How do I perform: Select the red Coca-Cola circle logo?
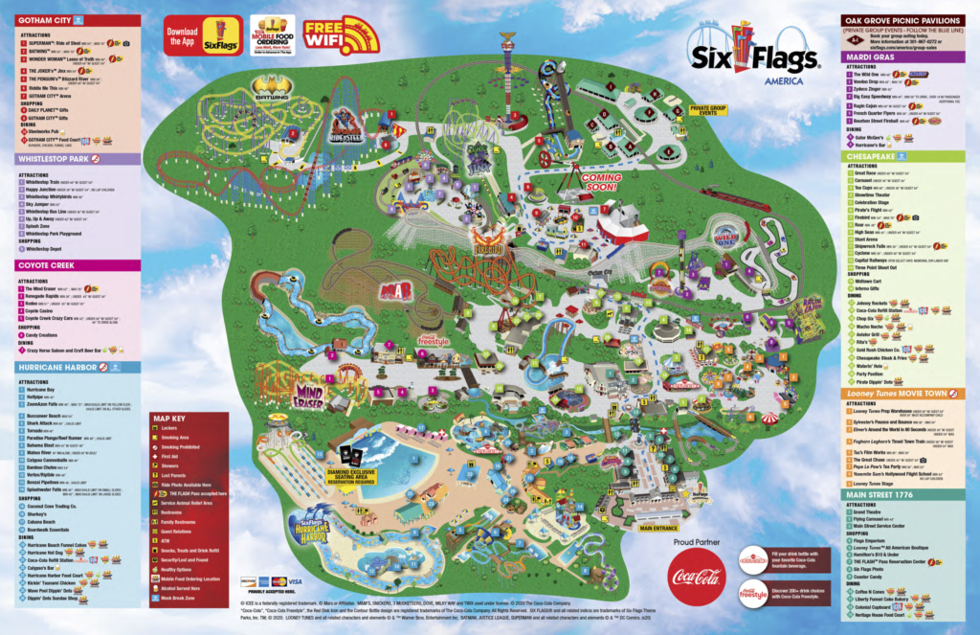coord(696,577)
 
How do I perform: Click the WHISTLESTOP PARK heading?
coord(56,158)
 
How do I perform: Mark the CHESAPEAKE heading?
coord(873,154)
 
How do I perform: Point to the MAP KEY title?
coord(174,419)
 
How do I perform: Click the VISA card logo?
coord(295,581)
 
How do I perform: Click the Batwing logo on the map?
coord(272,88)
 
